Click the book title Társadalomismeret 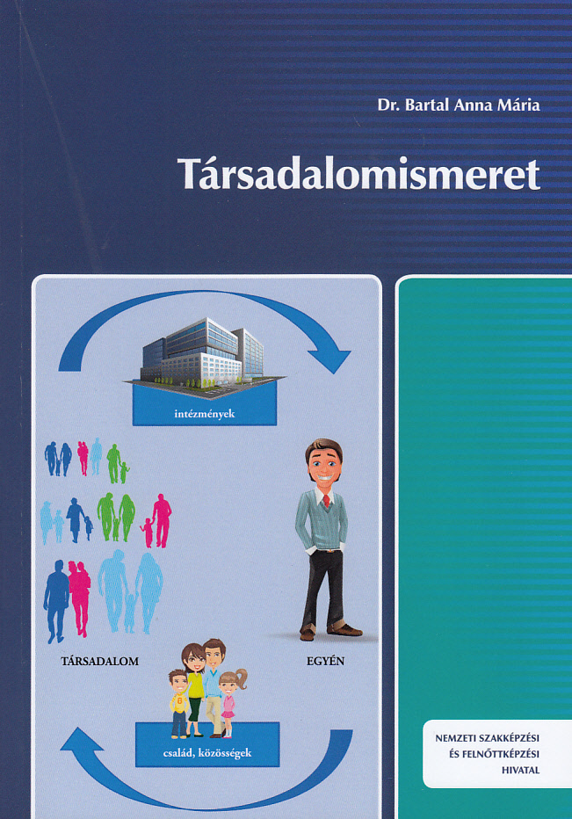coord(358,174)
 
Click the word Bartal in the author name coord(426,105)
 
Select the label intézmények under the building coord(205,414)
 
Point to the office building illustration coord(204,352)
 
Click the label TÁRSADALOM coord(100,661)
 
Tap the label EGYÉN coord(325,661)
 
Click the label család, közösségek coord(207,753)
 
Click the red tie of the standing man coord(327,500)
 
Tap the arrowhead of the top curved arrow coord(330,360)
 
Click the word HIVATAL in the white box coord(520,771)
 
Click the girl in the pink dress coord(229,703)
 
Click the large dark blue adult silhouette coord(56,601)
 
